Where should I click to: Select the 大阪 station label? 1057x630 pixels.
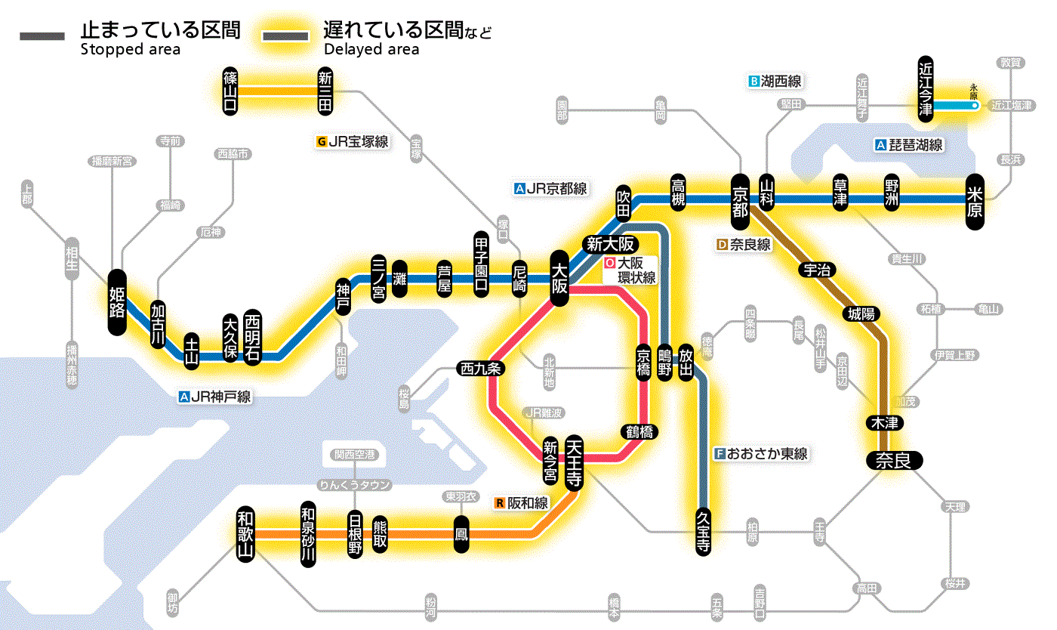point(559,279)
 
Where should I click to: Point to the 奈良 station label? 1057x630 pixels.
point(894,459)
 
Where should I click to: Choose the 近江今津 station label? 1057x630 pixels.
point(926,88)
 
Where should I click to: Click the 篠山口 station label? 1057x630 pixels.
point(231,91)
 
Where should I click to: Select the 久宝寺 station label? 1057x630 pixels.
point(704,530)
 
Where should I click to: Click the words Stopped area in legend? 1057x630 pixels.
point(130,50)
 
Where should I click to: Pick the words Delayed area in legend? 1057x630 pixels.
point(371,50)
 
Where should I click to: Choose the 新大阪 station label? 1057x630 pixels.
point(610,245)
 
